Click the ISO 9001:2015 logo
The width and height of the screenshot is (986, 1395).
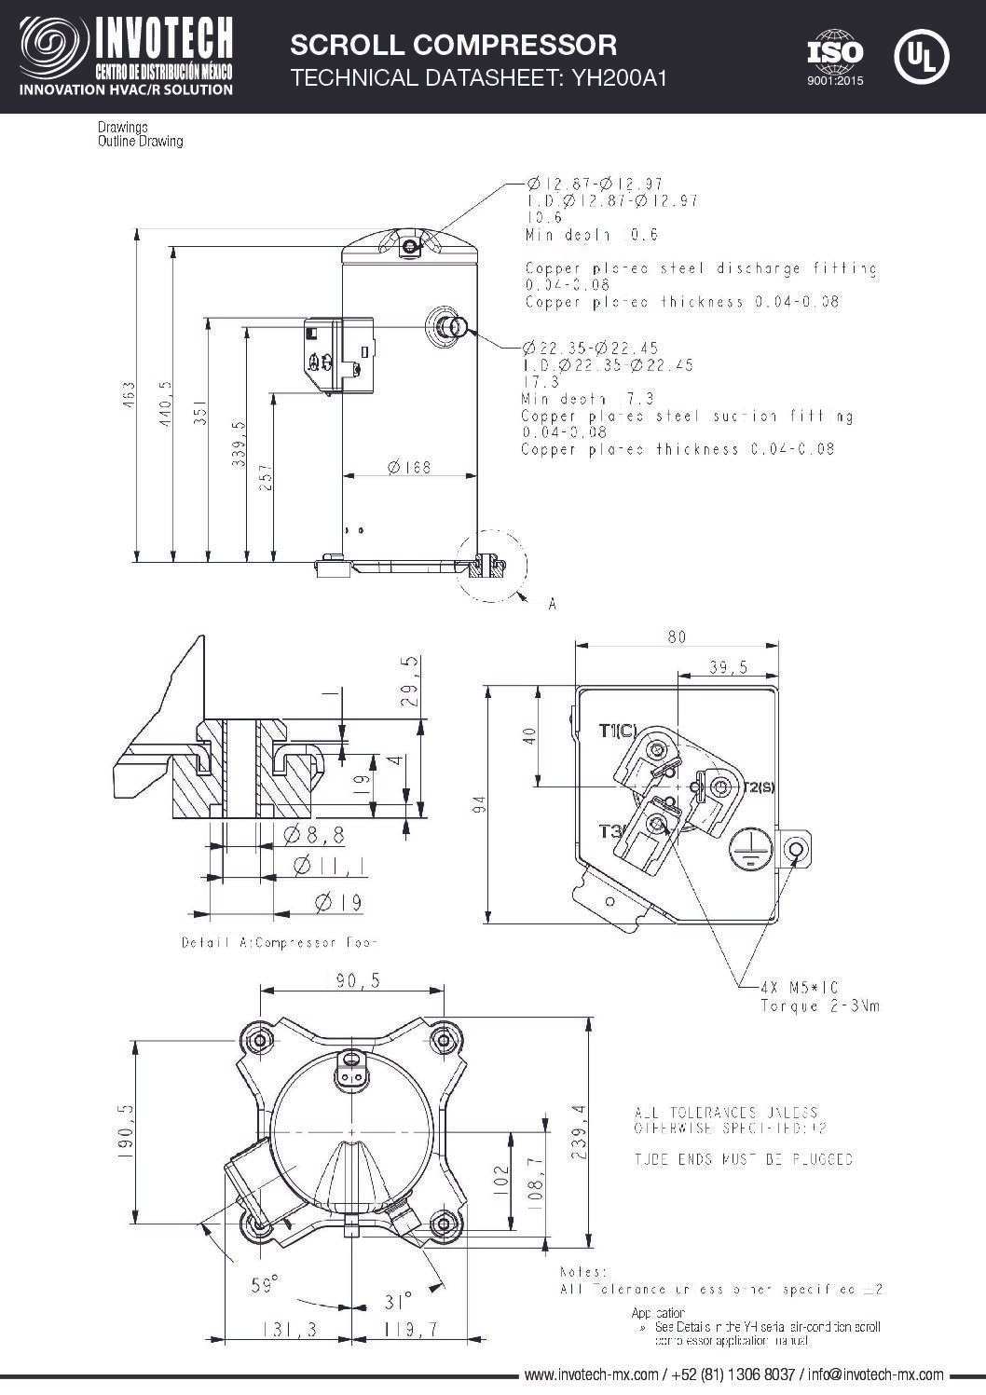tap(835, 58)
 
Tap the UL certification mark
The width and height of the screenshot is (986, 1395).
tap(921, 56)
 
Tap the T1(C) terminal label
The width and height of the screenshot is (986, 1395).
tap(619, 731)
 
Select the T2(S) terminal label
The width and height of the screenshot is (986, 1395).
tap(758, 787)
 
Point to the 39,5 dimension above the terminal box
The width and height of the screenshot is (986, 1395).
tap(728, 667)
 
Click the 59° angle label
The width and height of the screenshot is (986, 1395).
tap(265, 1286)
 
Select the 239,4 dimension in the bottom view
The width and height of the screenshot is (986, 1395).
tap(580, 1132)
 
